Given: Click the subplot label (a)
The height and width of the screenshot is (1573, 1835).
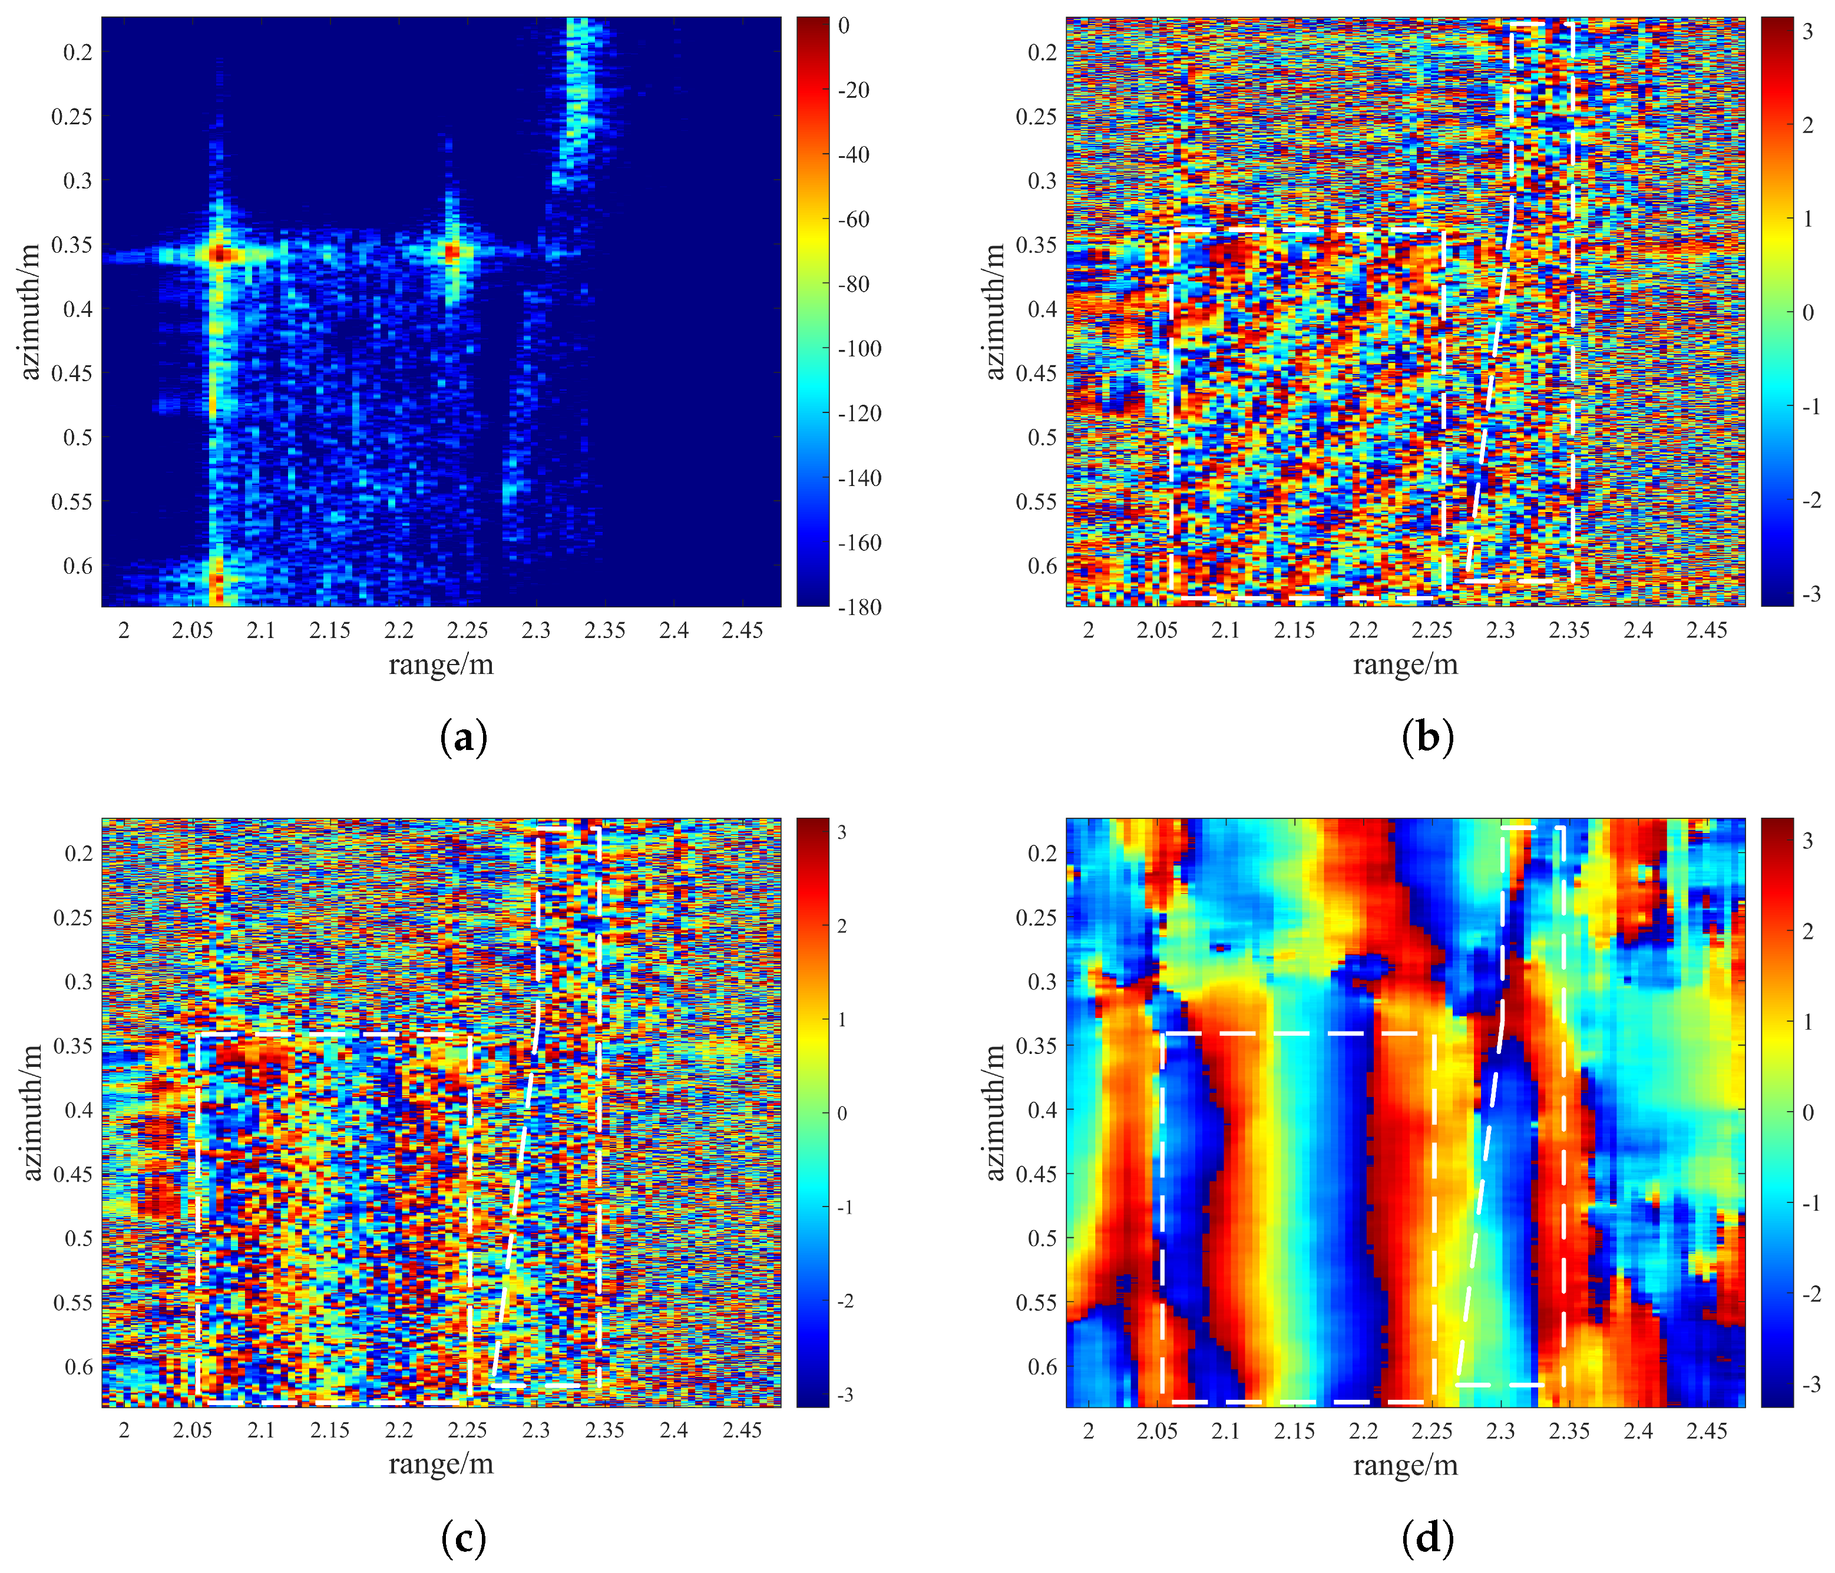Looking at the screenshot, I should pos(463,737).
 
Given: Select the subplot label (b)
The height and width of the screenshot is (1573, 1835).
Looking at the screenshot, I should pos(1427,737).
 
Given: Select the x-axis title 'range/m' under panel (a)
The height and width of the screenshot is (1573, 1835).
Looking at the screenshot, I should pos(441,665).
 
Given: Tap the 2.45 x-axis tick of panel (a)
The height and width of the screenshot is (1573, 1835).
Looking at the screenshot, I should pos(742,630).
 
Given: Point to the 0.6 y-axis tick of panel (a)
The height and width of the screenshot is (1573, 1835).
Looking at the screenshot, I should pos(77,566).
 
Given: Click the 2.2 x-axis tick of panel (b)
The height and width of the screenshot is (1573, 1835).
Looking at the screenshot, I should pos(1363,630).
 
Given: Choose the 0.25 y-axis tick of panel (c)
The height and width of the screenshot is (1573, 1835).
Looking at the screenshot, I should pos(72,918).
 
